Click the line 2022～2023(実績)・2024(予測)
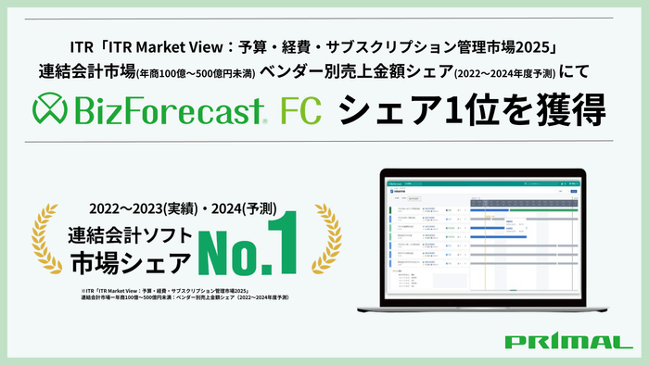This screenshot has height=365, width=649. (x=183, y=206)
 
